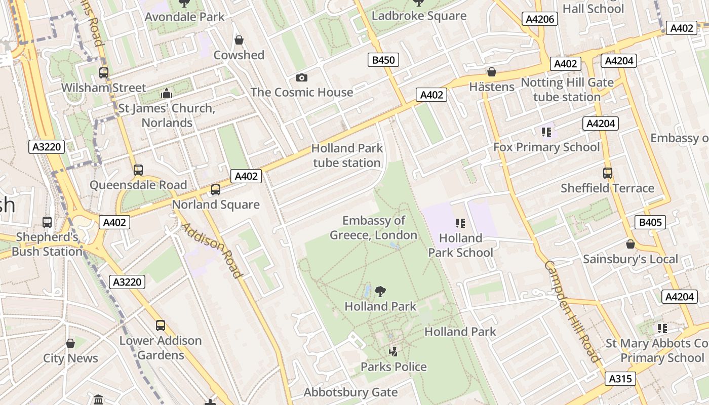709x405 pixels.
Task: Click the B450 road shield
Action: click(383, 60)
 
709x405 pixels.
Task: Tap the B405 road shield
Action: click(650, 222)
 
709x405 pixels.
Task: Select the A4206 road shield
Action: click(540, 19)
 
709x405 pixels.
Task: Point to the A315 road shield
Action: click(620, 379)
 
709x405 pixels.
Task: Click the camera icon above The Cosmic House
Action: click(302, 77)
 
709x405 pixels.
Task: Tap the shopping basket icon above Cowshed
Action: click(239, 40)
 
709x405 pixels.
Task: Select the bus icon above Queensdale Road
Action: click(138, 170)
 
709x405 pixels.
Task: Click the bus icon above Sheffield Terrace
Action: click(608, 173)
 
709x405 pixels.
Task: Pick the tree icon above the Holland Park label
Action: click(380, 292)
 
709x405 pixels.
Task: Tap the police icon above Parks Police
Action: click(393, 351)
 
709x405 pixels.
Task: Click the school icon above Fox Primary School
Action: click(546, 132)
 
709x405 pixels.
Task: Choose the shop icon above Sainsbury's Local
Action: click(631, 245)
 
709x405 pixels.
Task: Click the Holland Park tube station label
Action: click(347, 155)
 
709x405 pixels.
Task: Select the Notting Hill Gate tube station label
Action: click(567, 90)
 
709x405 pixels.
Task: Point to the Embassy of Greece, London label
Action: click(374, 228)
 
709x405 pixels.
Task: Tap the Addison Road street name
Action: click(212, 250)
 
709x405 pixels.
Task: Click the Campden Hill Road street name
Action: click(572, 311)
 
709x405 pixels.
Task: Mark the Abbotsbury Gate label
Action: click(350, 392)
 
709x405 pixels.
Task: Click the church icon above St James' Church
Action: click(167, 94)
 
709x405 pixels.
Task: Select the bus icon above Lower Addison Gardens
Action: click(161, 326)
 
